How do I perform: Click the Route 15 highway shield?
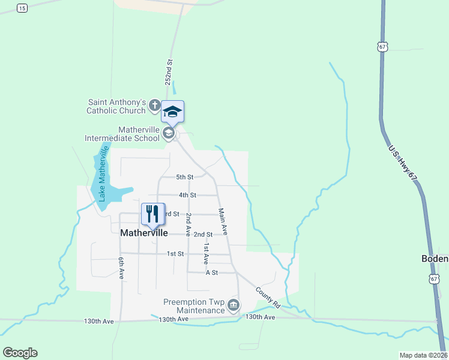click(22, 8)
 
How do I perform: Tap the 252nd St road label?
click(169, 70)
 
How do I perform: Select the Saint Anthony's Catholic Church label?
click(116, 106)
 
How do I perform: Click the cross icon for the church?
click(154, 106)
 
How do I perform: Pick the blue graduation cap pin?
click(172, 112)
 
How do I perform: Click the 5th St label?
click(185, 177)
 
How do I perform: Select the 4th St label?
click(187, 195)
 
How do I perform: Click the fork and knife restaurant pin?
click(152, 214)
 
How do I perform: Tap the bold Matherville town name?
click(144, 233)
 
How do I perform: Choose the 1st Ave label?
click(205, 254)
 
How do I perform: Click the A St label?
click(211, 272)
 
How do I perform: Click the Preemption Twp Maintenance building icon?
click(233, 306)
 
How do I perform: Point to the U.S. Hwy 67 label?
click(403, 169)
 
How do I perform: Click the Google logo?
click(20, 353)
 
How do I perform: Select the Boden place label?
click(435, 259)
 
